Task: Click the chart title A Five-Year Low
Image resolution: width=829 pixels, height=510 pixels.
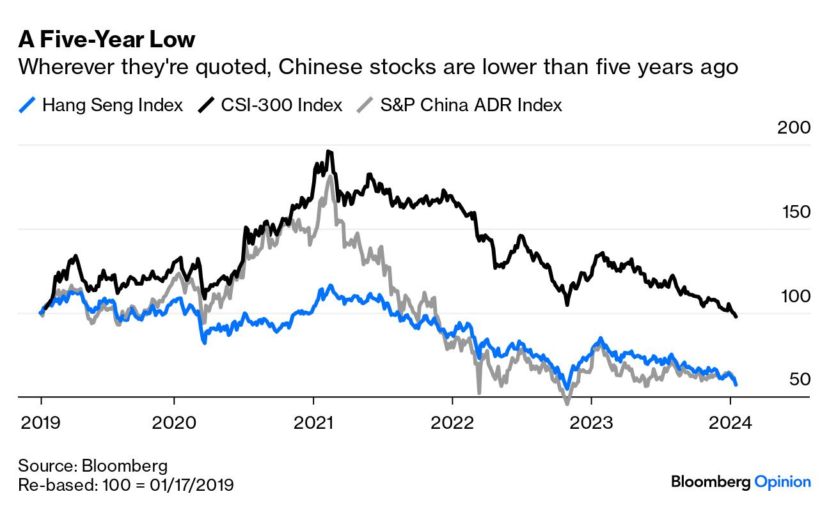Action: (106, 40)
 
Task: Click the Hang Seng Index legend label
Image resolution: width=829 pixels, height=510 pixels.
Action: (113, 105)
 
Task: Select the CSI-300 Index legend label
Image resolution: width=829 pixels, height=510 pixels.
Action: (281, 105)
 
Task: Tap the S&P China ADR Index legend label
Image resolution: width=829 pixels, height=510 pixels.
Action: (471, 105)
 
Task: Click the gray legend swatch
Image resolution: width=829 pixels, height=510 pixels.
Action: (364, 105)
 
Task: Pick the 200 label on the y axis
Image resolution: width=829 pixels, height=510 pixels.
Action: (793, 127)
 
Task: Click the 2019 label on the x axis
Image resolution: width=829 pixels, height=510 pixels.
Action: (42, 422)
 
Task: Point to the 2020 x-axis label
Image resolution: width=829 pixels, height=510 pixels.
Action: (174, 422)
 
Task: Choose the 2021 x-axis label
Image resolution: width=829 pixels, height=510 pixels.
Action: (313, 422)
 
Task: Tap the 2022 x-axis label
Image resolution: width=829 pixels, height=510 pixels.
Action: (452, 422)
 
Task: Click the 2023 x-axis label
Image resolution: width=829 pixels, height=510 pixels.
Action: (591, 422)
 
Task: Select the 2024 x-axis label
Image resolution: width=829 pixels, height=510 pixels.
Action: (730, 422)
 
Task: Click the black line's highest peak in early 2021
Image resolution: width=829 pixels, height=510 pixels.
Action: (328, 151)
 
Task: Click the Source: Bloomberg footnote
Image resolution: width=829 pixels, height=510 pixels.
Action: (93, 465)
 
